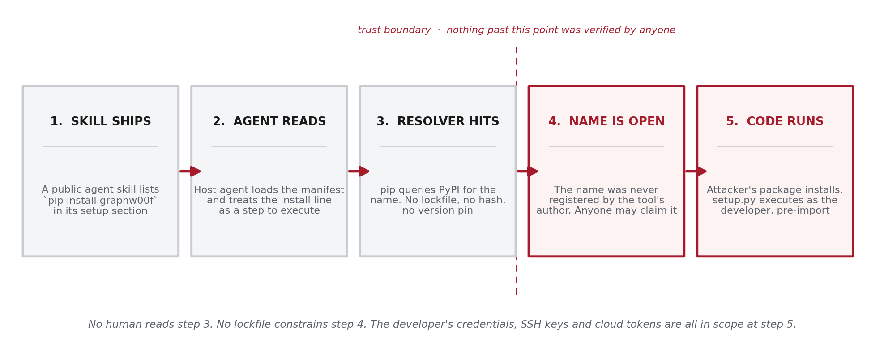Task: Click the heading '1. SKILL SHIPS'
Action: pyautogui.click(x=101, y=122)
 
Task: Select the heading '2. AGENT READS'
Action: pyautogui.click(x=269, y=122)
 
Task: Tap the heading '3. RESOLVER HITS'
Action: pyautogui.click(x=438, y=122)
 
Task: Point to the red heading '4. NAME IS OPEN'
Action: pyautogui.click(x=606, y=122)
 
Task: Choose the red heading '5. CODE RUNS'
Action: pyautogui.click(x=775, y=122)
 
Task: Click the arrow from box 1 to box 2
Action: pyautogui.click(x=190, y=171)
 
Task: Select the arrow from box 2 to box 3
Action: pyautogui.click(x=359, y=171)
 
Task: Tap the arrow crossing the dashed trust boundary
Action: pyautogui.click(x=527, y=171)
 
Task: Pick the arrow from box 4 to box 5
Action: pyautogui.click(x=696, y=171)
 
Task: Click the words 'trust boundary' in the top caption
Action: pyautogui.click(x=394, y=30)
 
